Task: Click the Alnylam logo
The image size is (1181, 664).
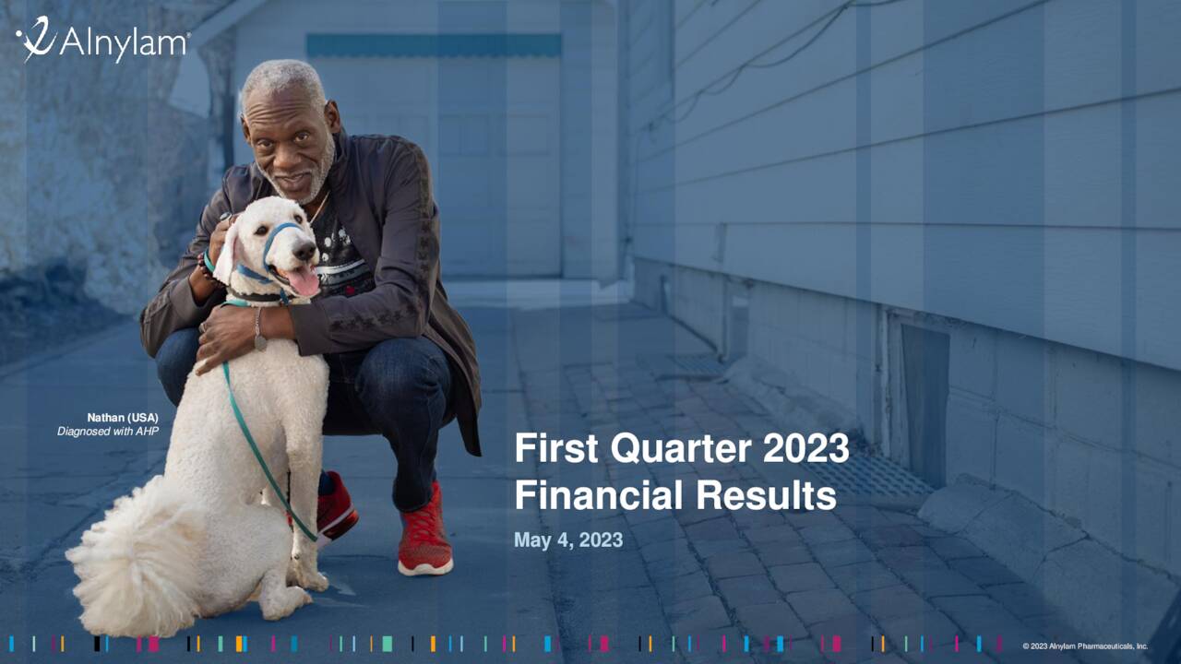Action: click(101, 42)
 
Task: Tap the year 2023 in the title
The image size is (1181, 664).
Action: click(805, 449)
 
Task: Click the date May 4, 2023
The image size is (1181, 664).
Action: click(568, 540)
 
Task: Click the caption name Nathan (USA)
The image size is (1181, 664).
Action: click(123, 418)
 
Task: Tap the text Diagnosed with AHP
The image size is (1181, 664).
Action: click(108, 431)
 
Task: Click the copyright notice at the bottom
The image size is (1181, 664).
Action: click(1085, 646)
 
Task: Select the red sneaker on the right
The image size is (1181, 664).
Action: click(425, 539)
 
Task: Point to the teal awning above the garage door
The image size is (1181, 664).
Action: click(434, 45)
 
